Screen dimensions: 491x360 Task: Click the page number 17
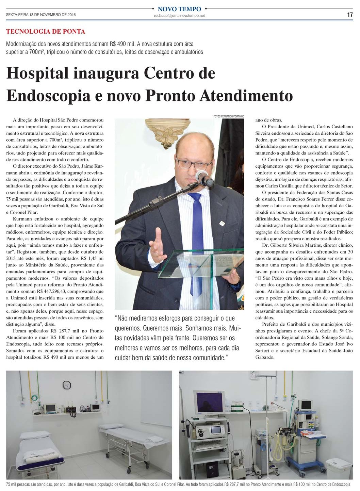[350, 15]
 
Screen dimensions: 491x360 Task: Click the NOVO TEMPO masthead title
[179, 9]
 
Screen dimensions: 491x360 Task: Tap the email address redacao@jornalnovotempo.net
[179, 16]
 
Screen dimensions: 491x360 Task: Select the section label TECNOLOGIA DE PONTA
[46, 32]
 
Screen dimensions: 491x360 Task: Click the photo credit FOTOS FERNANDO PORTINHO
[229, 116]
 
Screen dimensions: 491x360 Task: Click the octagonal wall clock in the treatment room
[67, 385]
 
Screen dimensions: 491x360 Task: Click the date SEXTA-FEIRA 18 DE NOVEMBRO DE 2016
[41, 15]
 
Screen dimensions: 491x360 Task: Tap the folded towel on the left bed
[40, 453]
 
